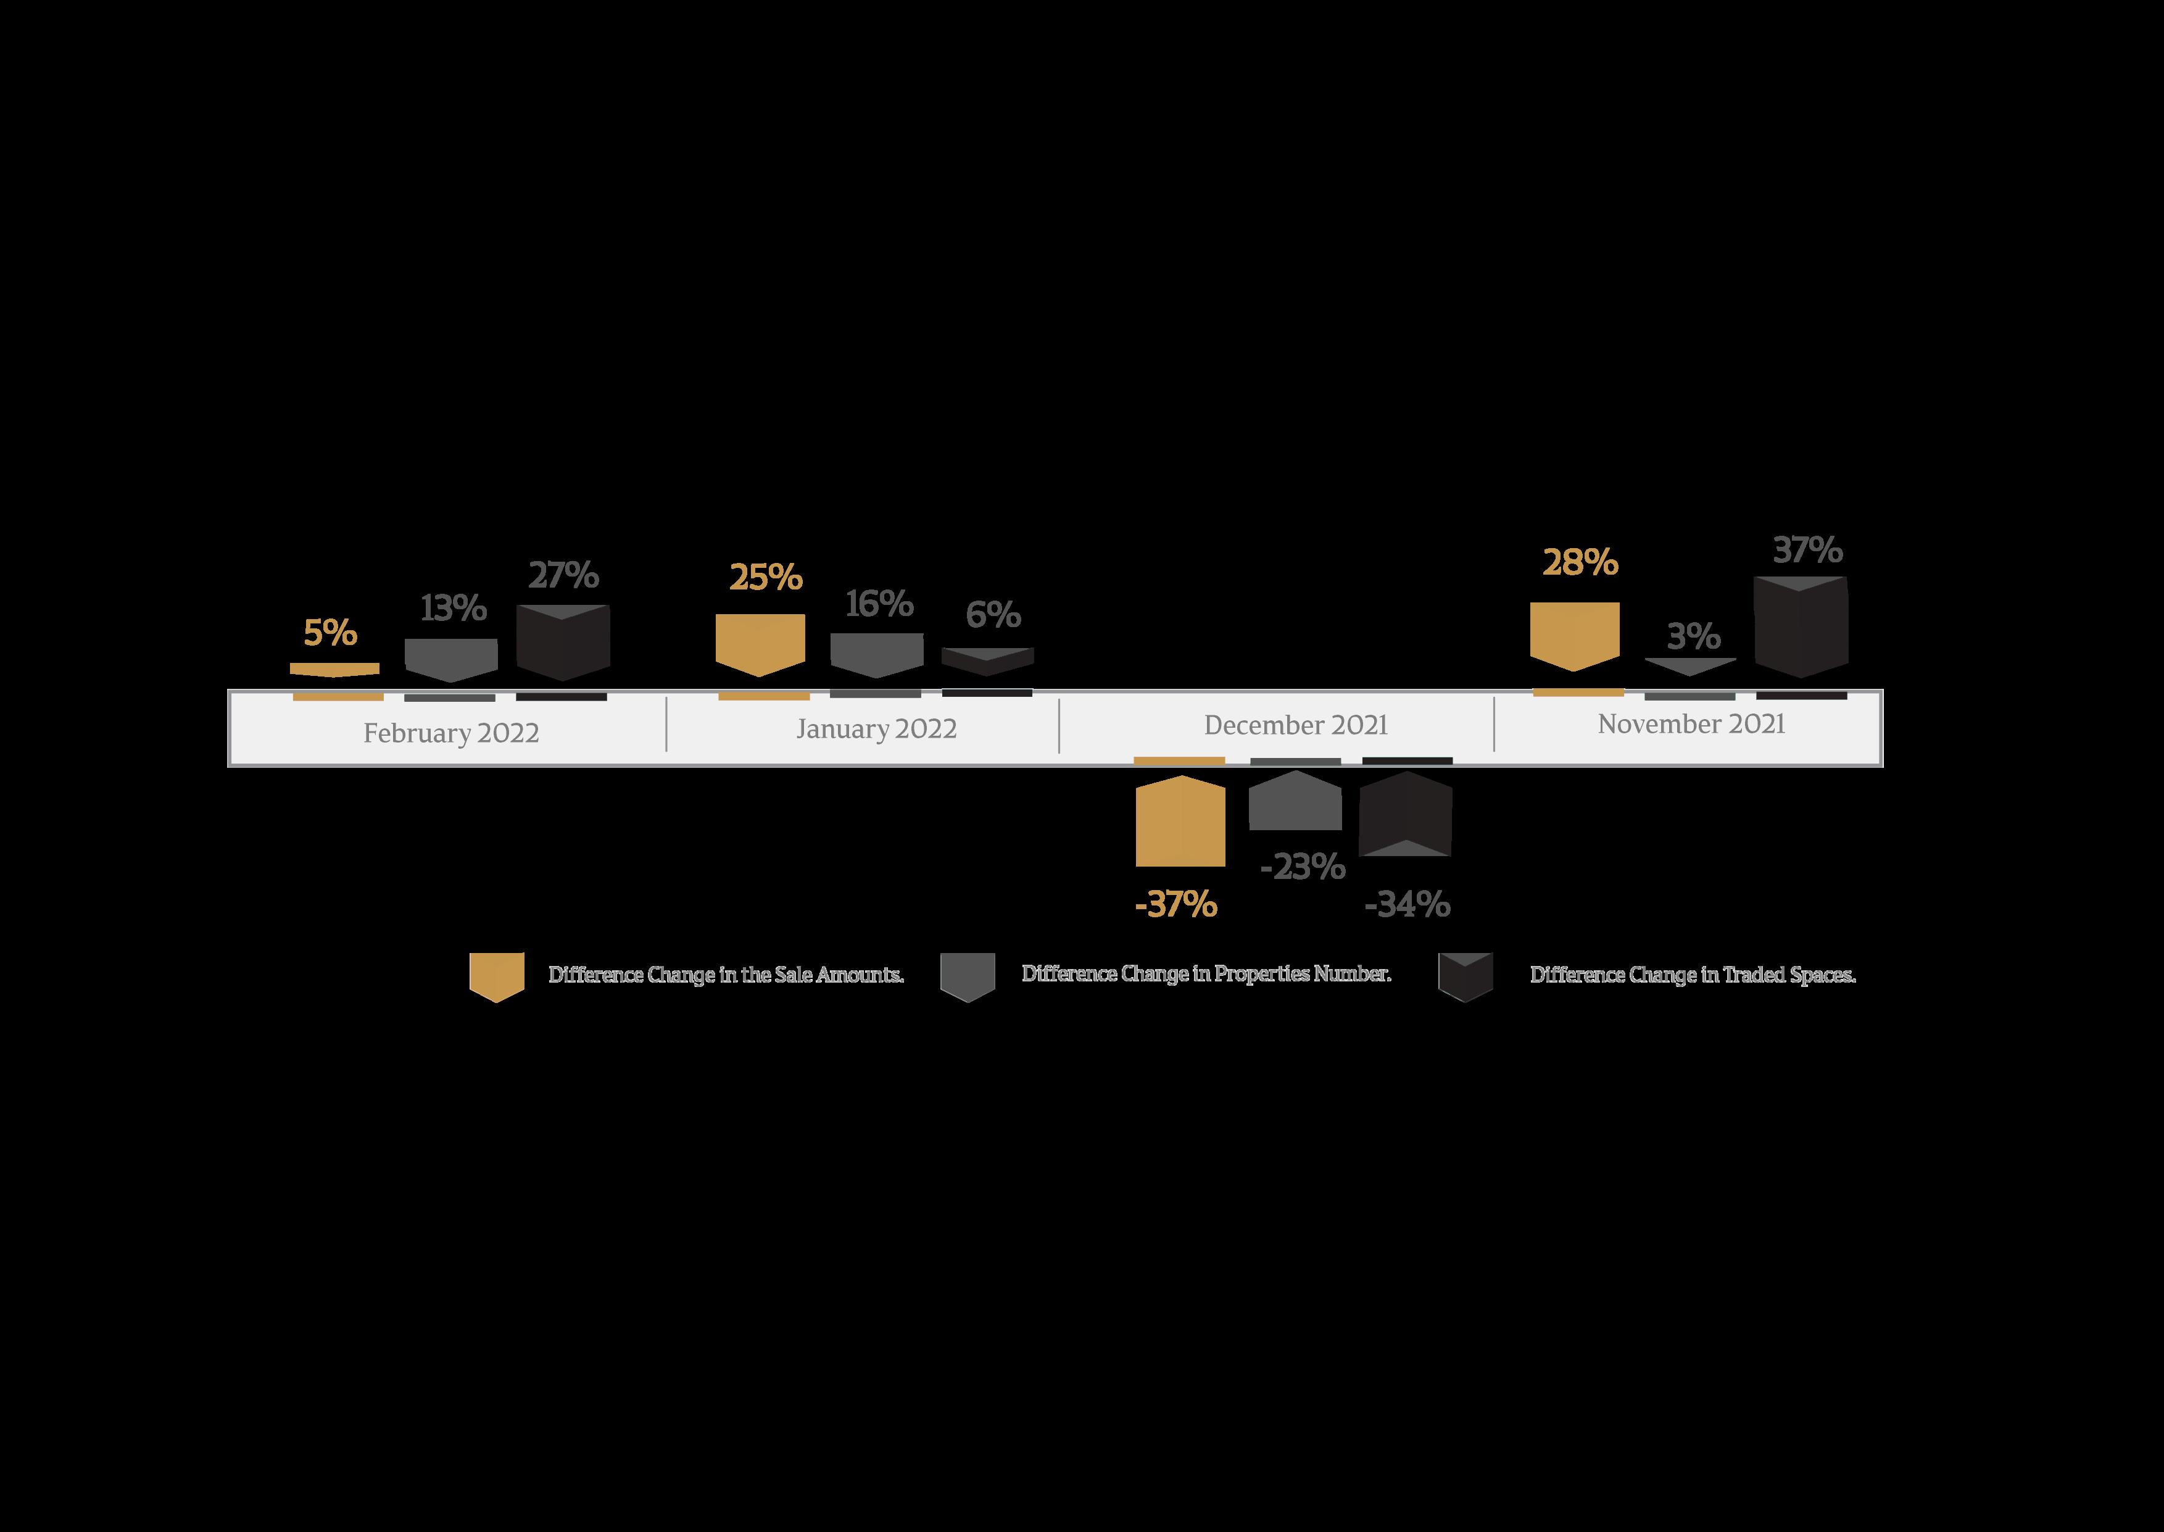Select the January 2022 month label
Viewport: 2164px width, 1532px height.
[x=876, y=729]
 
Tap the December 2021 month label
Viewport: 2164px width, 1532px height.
[x=1296, y=725]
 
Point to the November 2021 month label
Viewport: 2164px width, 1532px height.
[x=1691, y=723]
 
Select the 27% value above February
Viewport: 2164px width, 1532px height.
[x=563, y=575]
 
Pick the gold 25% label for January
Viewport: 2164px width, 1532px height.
[x=766, y=577]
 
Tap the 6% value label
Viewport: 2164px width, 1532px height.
[x=993, y=615]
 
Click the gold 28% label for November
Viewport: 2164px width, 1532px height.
[x=1580, y=562]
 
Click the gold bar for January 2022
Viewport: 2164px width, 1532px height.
[x=760, y=643]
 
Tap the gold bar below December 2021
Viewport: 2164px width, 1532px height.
[x=1180, y=821]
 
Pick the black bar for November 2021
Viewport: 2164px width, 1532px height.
[x=1801, y=627]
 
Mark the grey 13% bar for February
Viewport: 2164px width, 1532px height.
[x=450, y=659]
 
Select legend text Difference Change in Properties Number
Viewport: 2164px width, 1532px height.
[x=1206, y=973]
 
